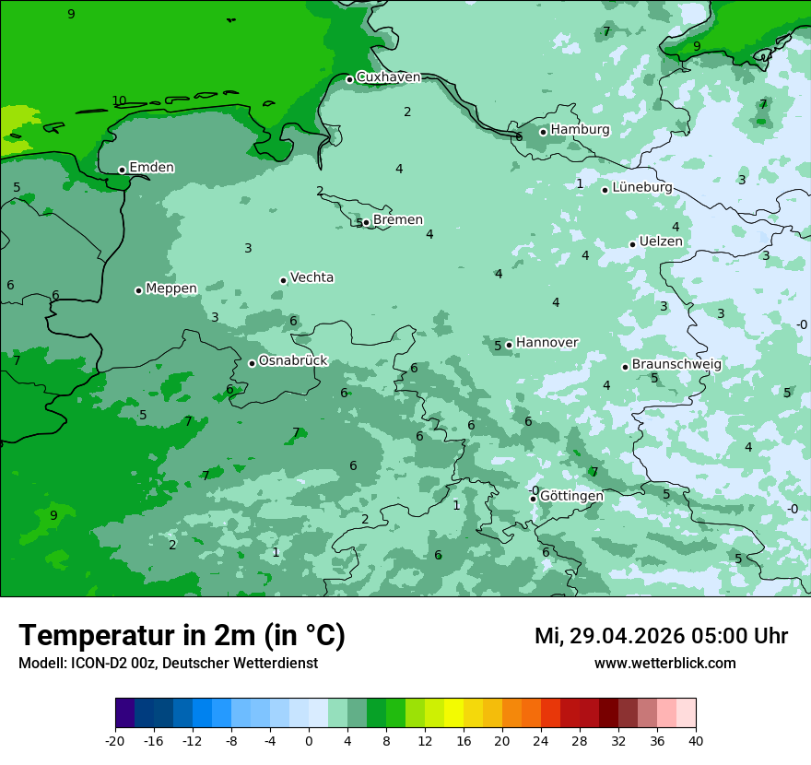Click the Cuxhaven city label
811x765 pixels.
tap(388, 77)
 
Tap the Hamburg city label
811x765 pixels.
tap(580, 130)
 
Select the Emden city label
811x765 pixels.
tap(151, 168)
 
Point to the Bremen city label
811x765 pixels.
tap(397, 220)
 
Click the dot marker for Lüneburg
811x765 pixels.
tap(605, 190)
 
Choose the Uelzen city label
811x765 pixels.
tap(661, 241)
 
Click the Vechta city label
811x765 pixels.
tap(311, 277)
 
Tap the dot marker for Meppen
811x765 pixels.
tap(139, 290)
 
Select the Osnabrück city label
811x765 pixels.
tap(292, 361)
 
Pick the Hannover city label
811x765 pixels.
tap(547, 343)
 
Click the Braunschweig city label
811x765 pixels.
tap(676, 365)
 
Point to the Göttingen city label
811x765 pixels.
tap(571, 497)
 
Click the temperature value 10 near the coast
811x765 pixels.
tap(119, 100)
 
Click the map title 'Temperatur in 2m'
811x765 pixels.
tap(138, 636)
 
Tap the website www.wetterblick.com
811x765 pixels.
tap(664, 664)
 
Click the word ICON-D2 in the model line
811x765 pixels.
tap(96, 664)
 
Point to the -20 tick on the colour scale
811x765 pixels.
tap(115, 740)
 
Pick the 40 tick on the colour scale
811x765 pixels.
tap(695, 740)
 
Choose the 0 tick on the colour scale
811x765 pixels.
tap(309, 740)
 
